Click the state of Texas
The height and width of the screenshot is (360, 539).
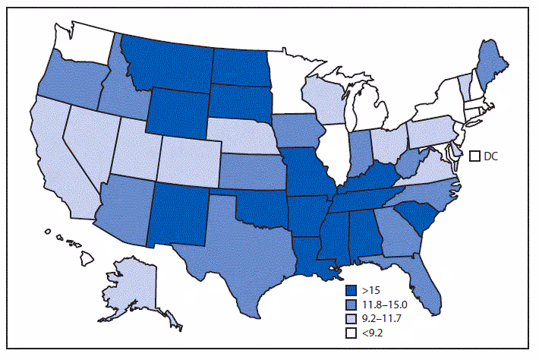243,235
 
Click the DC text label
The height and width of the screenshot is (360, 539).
492,156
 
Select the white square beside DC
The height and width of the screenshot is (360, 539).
474,156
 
